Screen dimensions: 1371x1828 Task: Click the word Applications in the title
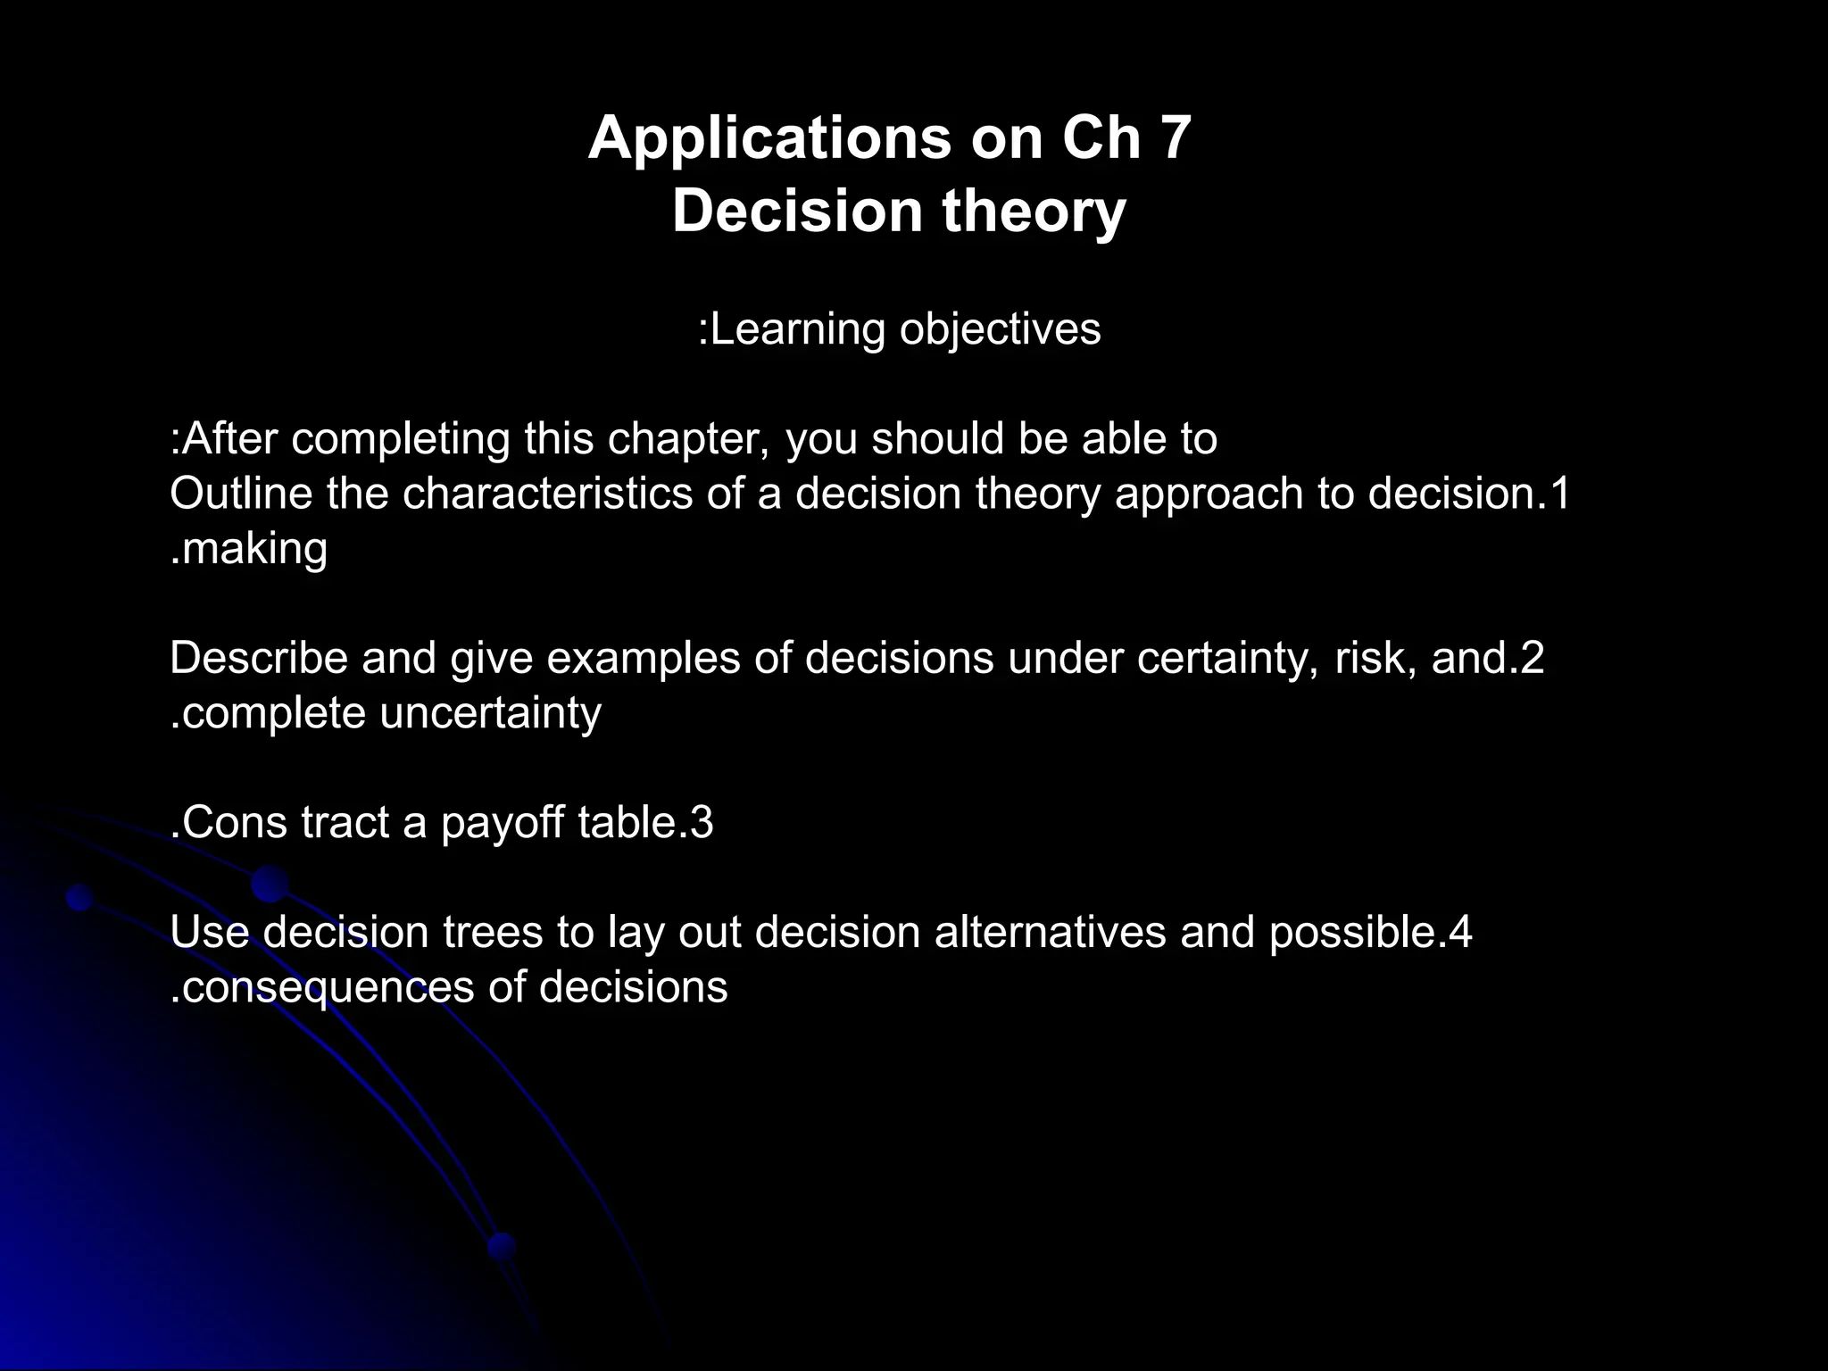pyautogui.click(x=769, y=139)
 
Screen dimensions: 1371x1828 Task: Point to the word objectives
pyautogui.click(x=1000, y=329)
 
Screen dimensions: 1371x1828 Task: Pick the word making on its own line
pyautogui.click(x=254, y=549)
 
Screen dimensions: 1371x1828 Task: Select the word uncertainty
pyautogui.click(x=490, y=713)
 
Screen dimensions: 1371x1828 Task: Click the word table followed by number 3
pyautogui.click(x=624, y=823)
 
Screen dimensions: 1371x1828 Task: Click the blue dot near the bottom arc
pyautogui.click(x=503, y=1245)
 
